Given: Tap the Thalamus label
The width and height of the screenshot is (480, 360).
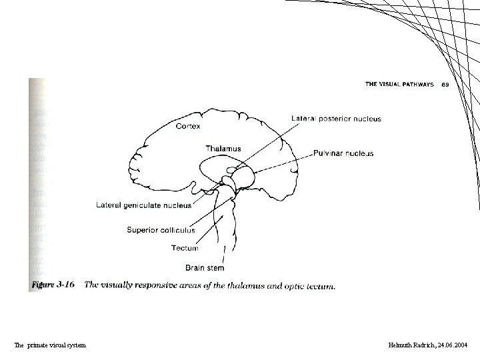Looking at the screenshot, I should pyautogui.click(x=223, y=148).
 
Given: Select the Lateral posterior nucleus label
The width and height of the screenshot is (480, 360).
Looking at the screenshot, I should pyautogui.click(x=336, y=119).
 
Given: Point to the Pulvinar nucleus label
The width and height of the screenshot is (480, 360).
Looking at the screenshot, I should pyautogui.click(x=343, y=153).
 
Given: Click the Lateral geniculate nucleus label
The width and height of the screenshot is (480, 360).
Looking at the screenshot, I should pyautogui.click(x=143, y=205).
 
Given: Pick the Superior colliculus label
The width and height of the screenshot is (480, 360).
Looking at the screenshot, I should pyautogui.click(x=161, y=230).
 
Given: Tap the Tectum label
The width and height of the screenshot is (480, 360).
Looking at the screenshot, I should pyautogui.click(x=185, y=248).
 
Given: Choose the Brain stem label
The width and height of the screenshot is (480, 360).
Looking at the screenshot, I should pyautogui.click(x=205, y=268).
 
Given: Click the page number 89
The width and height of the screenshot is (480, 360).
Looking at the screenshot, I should pyautogui.click(x=445, y=85).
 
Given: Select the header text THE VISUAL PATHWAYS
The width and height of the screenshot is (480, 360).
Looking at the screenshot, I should pyautogui.click(x=399, y=85).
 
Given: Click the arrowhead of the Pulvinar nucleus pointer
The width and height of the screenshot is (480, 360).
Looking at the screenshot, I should pyautogui.click(x=254, y=172).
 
